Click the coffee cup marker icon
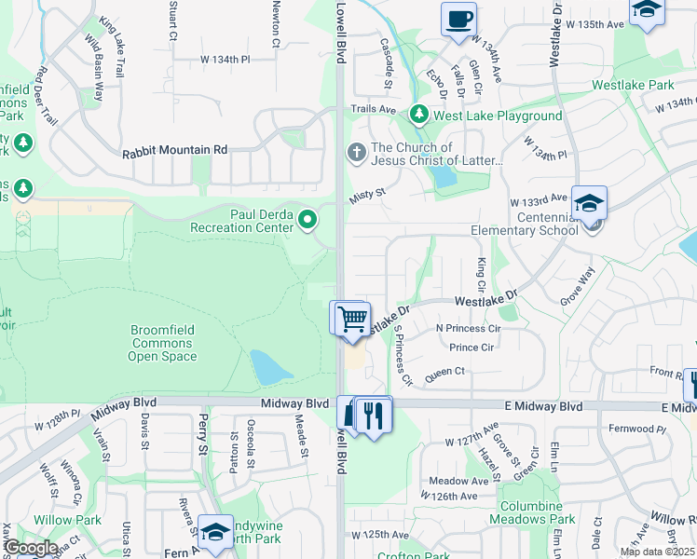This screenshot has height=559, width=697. click(459, 20)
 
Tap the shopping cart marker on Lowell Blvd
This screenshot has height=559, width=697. click(352, 319)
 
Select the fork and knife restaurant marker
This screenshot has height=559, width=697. click(374, 415)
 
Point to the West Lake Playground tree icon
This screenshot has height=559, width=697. click(419, 116)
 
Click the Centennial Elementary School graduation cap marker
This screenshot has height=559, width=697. click(589, 203)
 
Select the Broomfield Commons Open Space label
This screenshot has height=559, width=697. click(161, 343)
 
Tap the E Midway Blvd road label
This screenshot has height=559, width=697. click(545, 407)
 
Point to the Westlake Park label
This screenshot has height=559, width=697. click(633, 85)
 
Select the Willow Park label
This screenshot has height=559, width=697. click(61, 519)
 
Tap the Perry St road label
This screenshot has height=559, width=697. click(202, 436)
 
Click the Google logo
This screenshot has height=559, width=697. click(31, 548)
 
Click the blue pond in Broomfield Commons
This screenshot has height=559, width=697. click(271, 368)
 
